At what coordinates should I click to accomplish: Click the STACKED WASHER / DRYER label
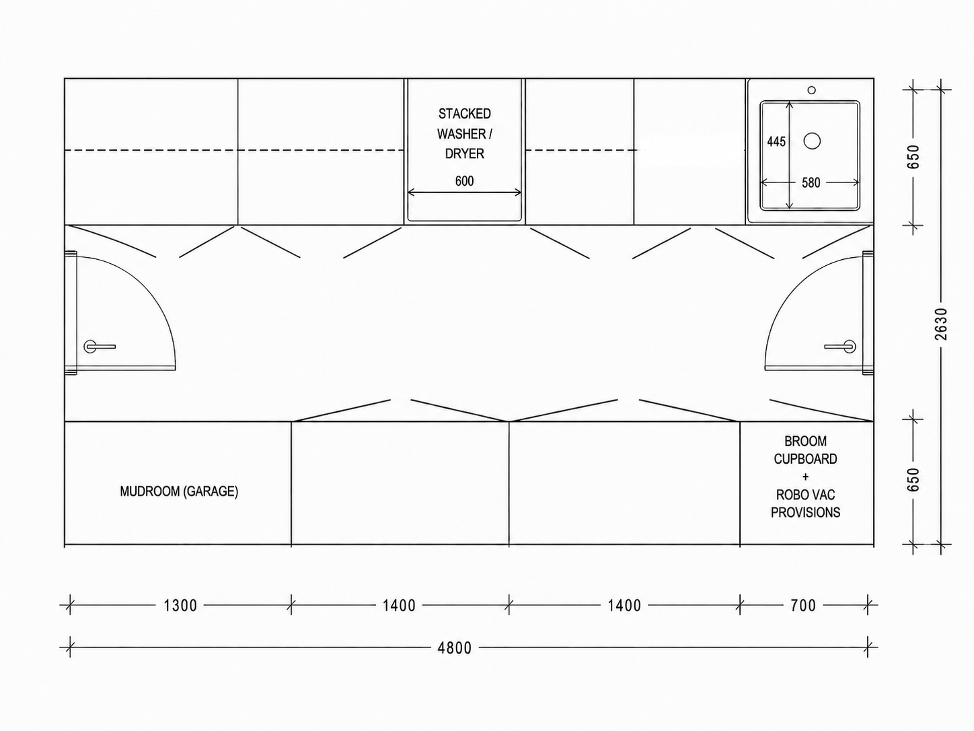coord(465,133)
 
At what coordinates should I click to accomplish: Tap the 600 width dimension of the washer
coord(464,181)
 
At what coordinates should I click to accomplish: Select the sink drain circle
coord(812,141)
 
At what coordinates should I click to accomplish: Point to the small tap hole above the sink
coord(811,90)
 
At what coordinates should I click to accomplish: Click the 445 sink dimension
coord(776,141)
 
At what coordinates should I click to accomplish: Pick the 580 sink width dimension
coord(811,183)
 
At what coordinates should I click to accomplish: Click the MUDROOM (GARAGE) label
coord(179,491)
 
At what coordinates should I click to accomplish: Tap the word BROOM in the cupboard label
coord(805,441)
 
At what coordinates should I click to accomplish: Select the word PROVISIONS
coord(805,512)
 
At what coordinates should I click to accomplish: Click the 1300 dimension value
coord(180,605)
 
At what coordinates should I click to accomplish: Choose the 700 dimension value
coord(803,605)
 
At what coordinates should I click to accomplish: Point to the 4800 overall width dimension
coord(455,648)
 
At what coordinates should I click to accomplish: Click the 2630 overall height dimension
coord(941,324)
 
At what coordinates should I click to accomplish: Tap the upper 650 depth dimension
coord(913,157)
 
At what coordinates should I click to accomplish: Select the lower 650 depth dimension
coord(913,479)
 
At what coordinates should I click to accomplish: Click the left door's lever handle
coord(99,346)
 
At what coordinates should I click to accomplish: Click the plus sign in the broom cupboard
coord(805,477)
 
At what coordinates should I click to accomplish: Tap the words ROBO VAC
coord(805,495)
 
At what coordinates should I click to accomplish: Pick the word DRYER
coord(465,153)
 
